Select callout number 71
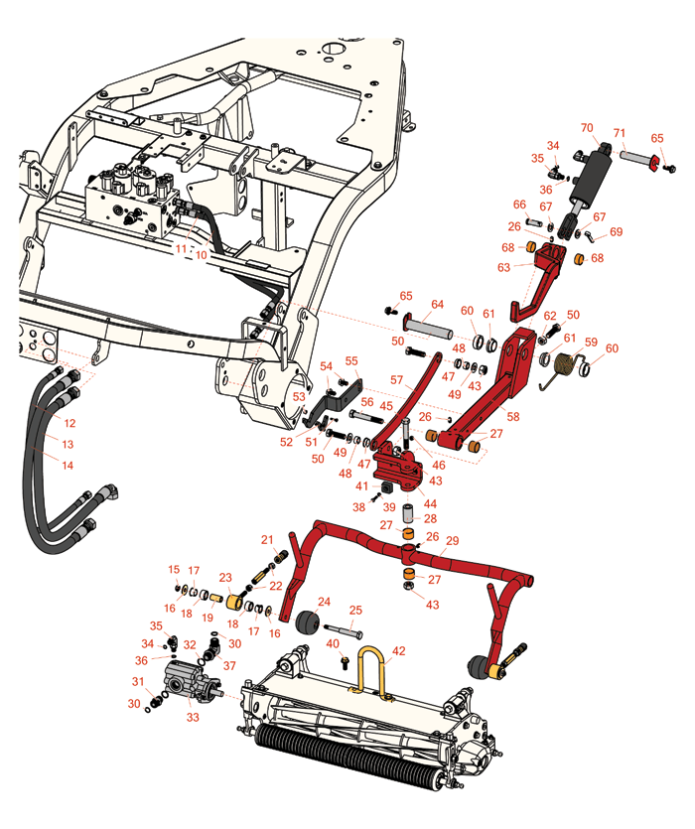619,133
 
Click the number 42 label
399,651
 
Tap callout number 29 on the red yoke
453,540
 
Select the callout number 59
592,344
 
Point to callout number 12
69,423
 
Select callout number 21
267,539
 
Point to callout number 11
181,248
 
